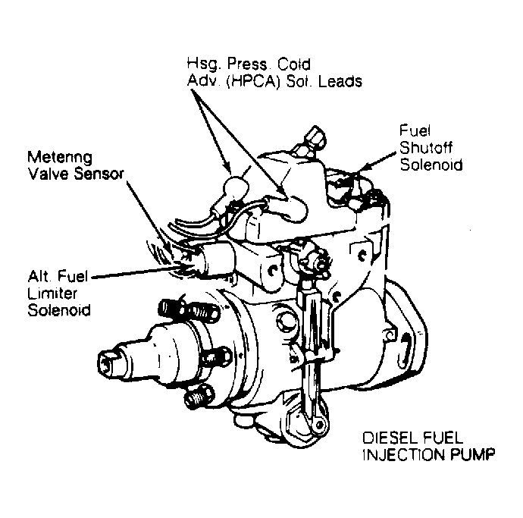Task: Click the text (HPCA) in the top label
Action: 253,81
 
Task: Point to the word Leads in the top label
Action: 340,81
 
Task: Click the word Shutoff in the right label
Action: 426,148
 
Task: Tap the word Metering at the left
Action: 60,157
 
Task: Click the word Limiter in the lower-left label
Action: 52,294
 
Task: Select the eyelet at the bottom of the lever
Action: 319,425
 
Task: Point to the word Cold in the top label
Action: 294,64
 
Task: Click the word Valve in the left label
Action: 49,174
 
